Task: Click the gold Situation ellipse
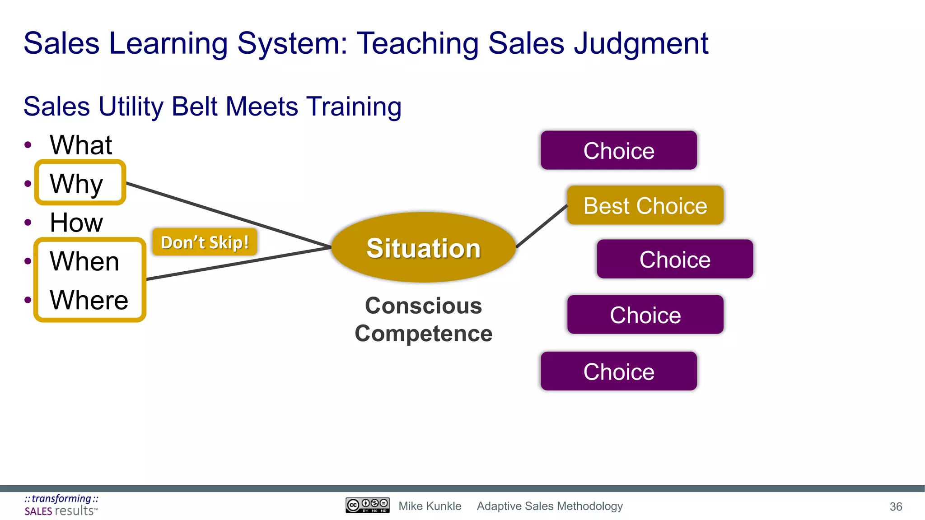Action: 423,248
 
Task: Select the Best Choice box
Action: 645,205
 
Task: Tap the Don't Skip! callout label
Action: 205,242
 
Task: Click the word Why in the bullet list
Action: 77,184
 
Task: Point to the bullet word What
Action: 81,145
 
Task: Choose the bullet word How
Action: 76,223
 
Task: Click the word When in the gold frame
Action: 84,261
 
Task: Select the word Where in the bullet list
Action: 89,300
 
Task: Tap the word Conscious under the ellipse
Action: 423,306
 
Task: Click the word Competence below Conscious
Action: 423,334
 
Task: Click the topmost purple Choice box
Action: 618,150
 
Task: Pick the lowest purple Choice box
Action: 618,371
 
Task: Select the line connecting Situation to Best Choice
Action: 542,227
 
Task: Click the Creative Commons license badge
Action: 367,505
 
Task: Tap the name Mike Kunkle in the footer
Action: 430,506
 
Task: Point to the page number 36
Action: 896,506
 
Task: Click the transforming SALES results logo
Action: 61,505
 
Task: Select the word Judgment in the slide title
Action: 641,44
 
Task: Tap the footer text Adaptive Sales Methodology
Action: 550,506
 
